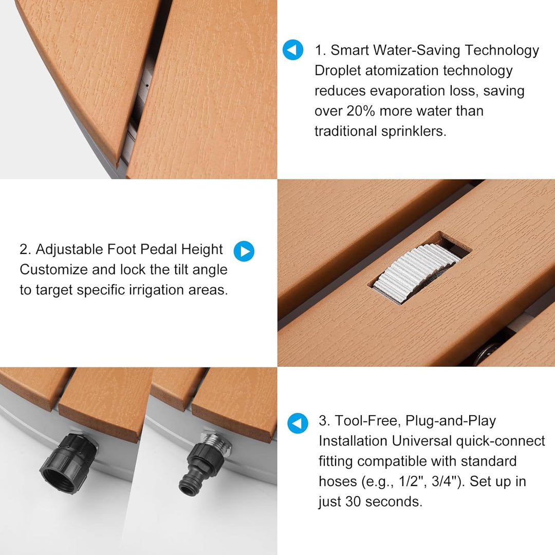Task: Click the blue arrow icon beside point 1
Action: [293, 49]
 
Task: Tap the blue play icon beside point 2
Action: [244, 251]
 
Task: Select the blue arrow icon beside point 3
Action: [298, 423]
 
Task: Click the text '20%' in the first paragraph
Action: [360, 111]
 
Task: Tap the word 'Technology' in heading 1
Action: [502, 50]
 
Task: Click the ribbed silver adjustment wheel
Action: [416, 273]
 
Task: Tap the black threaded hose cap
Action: [68, 464]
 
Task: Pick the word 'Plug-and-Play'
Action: [451, 421]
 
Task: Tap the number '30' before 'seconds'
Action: [354, 502]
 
